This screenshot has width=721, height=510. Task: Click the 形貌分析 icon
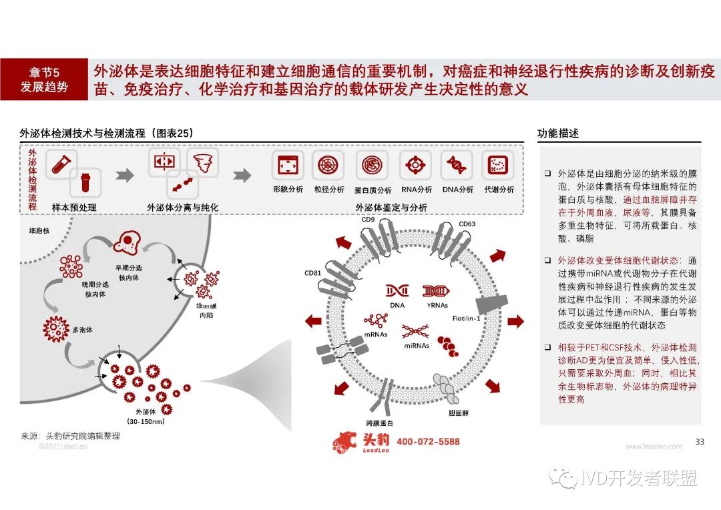click(288, 164)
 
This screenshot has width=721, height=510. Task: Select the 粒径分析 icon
click(330, 164)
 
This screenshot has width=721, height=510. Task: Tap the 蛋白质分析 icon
click(373, 164)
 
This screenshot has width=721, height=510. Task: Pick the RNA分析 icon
click(415, 164)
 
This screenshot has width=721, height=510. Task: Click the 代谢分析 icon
click(497, 164)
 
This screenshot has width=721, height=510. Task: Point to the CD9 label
click(368, 219)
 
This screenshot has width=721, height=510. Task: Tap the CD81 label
click(313, 273)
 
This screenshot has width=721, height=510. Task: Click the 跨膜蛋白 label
click(379, 423)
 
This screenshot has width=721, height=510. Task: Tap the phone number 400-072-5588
click(428, 442)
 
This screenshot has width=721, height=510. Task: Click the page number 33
click(700, 441)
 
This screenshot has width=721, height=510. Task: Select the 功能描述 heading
click(558, 133)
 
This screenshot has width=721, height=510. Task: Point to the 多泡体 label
click(83, 330)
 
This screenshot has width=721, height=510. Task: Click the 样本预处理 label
click(74, 208)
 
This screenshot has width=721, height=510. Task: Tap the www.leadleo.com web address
click(654, 447)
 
